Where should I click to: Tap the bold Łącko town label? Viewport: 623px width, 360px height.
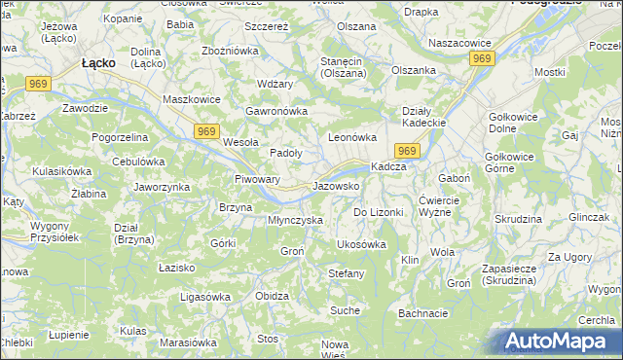[99, 62]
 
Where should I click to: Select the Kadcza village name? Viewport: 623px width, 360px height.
[388, 166]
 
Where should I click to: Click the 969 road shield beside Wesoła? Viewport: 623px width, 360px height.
[205, 131]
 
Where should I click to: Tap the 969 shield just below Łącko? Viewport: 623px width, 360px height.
[39, 86]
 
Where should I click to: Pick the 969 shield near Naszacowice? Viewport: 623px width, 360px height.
[481, 59]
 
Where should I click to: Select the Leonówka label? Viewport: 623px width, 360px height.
[351, 138]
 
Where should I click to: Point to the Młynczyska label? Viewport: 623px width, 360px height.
[295, 220]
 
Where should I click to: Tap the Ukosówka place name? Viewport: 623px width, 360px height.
[360, 244]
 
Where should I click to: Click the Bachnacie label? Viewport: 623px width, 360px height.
[422, 313]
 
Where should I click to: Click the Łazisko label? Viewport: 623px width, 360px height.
[176, 266]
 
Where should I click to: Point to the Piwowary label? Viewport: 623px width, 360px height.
[258, 179]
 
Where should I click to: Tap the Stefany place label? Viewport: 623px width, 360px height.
[346, 273]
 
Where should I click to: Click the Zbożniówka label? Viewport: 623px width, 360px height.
[228, 50]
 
